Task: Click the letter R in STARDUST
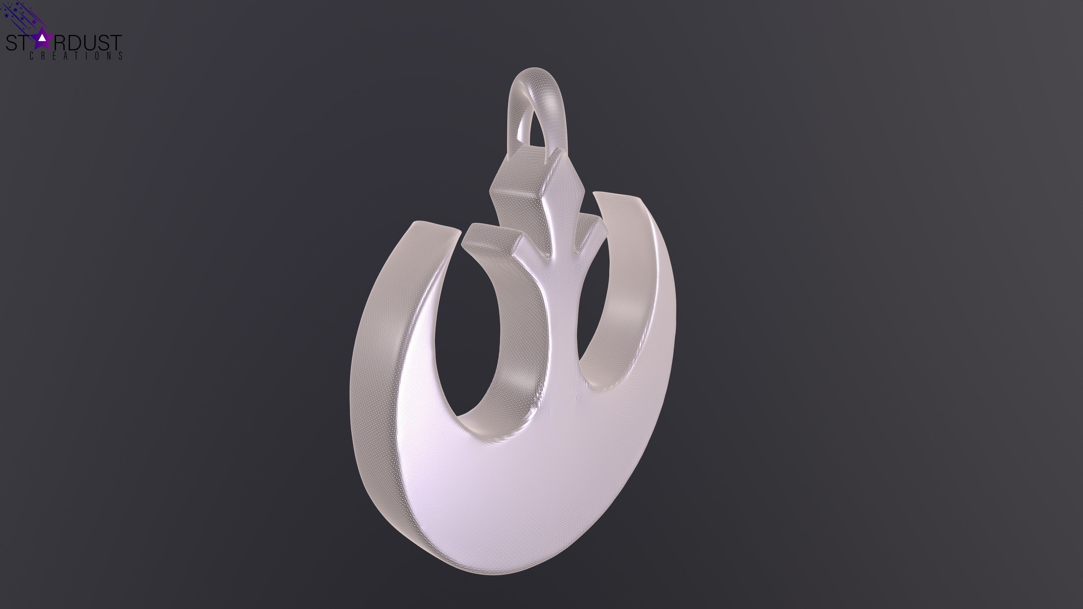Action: (x=59, y=43)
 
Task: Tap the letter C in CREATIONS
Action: (x=32, y=56)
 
